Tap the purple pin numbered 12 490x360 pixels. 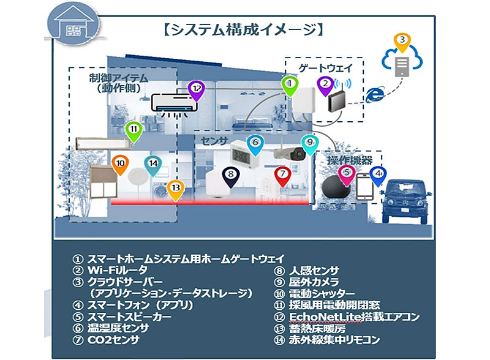tap(196, 89)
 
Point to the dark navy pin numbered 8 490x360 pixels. tap(230, 175)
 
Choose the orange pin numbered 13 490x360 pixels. tap(176, 189)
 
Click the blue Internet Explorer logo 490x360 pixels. tap(375, 94)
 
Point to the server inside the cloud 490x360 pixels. tap(401, 64)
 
